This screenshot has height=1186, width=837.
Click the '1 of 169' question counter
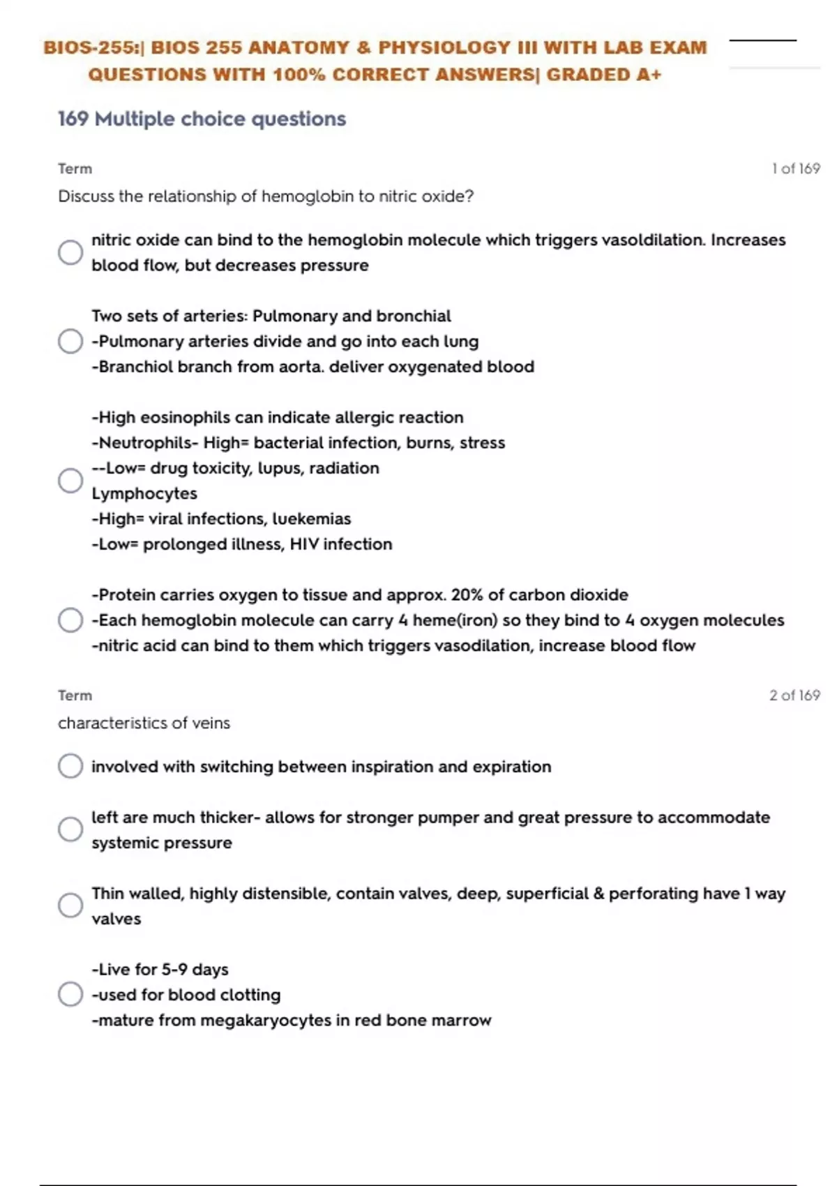click(x=795, y=169)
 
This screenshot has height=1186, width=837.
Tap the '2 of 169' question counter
click(x=794, y=696)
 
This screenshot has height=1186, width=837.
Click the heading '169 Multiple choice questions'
click(x=202, y=119)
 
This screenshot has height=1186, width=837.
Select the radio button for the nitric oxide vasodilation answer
click(x=70, y=253)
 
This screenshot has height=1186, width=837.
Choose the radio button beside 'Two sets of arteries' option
click(x=70, y=341)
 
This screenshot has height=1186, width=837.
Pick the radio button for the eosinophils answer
click(x=70, y=481)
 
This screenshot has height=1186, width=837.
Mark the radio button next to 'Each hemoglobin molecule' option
click(x=70, y=620)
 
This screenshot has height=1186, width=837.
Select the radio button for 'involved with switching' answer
click(x=70, y=766)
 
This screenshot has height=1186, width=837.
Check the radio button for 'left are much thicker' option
click(x=70, y=830)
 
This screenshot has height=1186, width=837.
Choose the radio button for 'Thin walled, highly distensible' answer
click(x=70, y=906)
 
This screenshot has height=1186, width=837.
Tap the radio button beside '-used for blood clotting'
click(x=70, y=994)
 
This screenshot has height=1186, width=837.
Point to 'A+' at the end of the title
click(x=648, y=75)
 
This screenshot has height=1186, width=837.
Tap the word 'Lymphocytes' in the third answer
click(x=144, y=493)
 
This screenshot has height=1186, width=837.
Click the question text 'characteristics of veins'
click(x=144, y=723)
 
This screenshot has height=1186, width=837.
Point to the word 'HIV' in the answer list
click(x=303, y=544)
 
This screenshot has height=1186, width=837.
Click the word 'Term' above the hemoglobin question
click(x=75, y=169)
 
